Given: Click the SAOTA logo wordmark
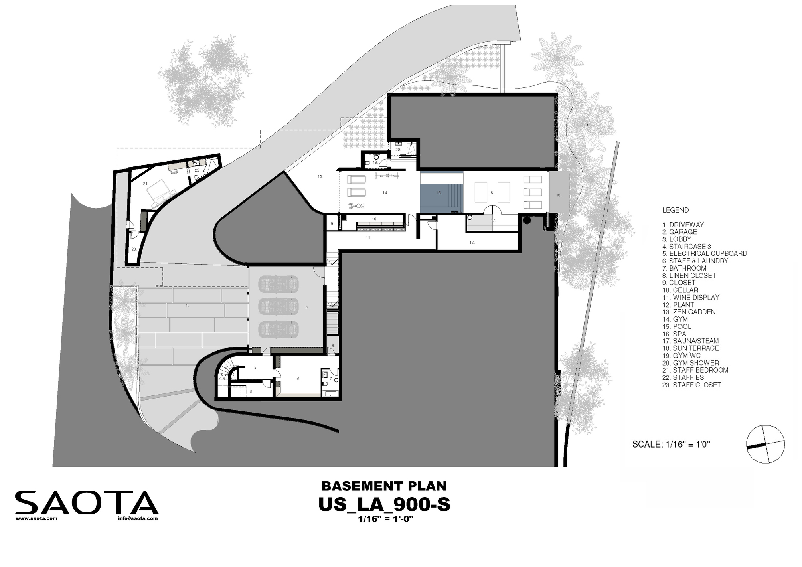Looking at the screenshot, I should pyautogui.click(x=87, y=502).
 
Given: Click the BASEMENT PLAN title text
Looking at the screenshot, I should pyautogui.click(x=384, y=486).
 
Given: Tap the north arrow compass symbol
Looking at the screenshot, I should pyautogui.click(x=765, y=444).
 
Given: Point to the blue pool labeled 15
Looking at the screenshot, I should pyautogui.click(x=441, y=192).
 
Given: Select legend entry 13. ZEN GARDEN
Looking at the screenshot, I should pyautogui.click(x=689, y=312).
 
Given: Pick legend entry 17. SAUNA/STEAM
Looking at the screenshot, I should pyautogui.click(x=691, y=341).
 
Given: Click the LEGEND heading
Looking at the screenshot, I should pyautogui.click(x=675, y=210).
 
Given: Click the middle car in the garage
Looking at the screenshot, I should pyautogui.click(x=279, y=306).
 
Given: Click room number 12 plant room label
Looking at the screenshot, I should pyautogui.click(x=472, y=243).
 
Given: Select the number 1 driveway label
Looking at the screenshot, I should pyautogui.click(x=187, y=306).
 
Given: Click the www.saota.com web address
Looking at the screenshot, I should pyautogui.click(x=36, y=518).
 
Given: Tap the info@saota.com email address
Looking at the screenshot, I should pyautogui.click(x=138, y=518).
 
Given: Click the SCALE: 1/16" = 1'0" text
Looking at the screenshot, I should pyautogui.click(x=671, y=444).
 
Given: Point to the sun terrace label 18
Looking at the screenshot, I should pyautogui.click(x=559, y=195).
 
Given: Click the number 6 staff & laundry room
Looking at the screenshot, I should pyautogui.click(x=298, y=379).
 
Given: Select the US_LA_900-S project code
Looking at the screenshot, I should pyautogui.click(x=384, y=504).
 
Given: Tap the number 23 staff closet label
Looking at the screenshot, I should pyautogui.click(x=134, y=249).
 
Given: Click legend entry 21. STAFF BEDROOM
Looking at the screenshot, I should pyautogui.click(x=695, y=370).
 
